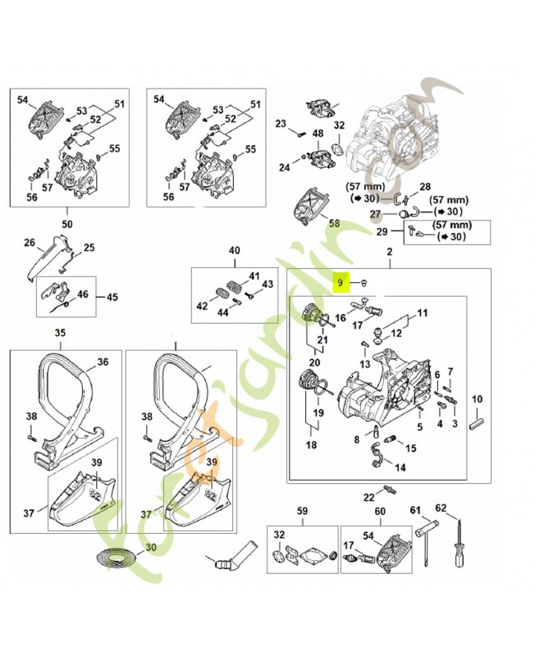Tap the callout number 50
pos(66,224)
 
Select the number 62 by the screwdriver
pos(441,508)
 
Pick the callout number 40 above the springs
pos(234,250)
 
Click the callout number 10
pos(477,399)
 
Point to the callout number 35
pos(59,333)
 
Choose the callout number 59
pos(301,512)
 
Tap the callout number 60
pos(379,512)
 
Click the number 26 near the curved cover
pos(29,243)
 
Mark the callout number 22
pos(368,497)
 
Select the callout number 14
pos(400,468)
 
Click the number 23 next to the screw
pos(280,124)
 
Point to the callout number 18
pos(311,444)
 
